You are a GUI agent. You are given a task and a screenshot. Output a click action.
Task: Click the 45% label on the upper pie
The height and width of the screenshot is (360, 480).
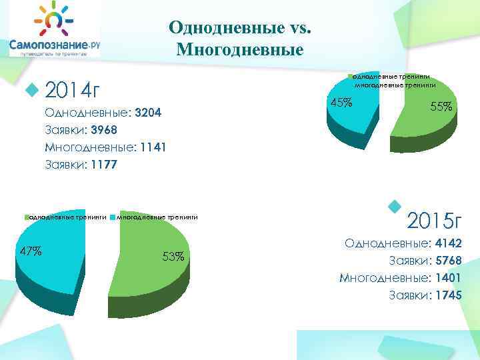pos(342,102)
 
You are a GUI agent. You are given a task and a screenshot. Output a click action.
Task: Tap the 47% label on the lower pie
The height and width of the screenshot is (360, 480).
pos(31,251)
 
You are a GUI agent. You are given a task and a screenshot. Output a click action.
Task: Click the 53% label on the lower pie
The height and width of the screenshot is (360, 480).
pos(173,256)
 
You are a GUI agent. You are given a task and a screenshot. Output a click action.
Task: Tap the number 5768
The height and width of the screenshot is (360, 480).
pos(447,261)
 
